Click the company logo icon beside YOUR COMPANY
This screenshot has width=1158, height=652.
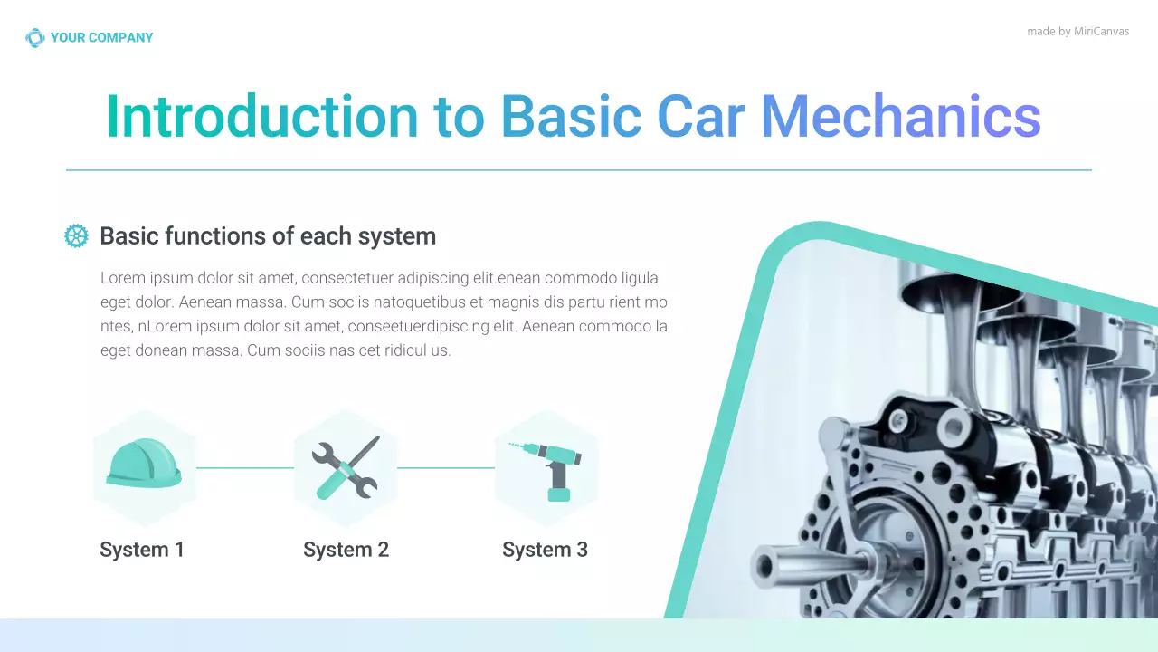34,38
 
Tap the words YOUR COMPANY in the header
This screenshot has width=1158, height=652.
101,38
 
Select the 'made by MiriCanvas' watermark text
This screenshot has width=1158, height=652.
1077,32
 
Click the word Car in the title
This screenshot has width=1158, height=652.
701,118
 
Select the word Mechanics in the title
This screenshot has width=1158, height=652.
900,118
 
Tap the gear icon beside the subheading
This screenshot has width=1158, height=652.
77,236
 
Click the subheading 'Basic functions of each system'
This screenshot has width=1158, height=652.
268,236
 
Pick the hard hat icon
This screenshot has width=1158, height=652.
144,464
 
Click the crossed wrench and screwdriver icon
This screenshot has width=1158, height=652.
346,467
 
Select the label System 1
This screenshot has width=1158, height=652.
142,550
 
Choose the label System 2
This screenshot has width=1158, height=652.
346,550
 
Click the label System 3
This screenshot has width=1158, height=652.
545,550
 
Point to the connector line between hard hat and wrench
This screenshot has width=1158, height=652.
244,468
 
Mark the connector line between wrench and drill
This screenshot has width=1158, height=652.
446,468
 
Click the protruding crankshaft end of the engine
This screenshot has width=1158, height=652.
774,566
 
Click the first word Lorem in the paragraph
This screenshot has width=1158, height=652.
122,278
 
